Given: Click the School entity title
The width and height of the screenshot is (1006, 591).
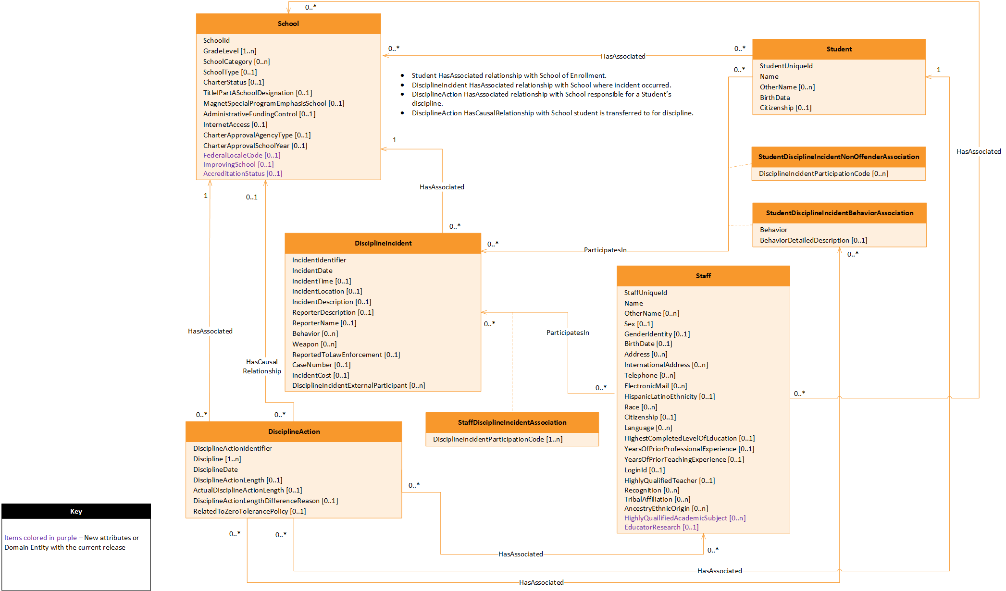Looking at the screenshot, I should [x=288, y=24].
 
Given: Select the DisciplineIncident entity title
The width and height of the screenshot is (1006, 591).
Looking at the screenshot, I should [x=383, y=243].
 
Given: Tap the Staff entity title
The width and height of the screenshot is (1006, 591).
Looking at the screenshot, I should [x=703, y=276].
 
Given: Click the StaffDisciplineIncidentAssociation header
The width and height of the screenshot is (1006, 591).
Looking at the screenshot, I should [x=512, y=422].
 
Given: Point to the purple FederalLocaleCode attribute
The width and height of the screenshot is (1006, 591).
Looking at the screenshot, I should [x=241, y=155].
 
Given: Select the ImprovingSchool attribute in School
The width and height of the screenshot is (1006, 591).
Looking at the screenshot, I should [x=238, y=164].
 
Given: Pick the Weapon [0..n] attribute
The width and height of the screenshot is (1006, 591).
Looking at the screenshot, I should [x=314, y=344].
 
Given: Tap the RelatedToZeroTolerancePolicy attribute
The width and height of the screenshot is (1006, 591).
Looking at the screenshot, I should [x=249, y=511].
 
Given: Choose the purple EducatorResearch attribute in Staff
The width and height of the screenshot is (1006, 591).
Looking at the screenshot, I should [x=661, y=527].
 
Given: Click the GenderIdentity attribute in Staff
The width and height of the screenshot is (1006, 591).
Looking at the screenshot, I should [x=657, y=334].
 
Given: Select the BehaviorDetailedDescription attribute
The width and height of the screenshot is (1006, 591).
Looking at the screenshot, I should [x=813, y=240].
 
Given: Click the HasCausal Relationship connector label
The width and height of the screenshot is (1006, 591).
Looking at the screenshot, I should [x=262, y=366].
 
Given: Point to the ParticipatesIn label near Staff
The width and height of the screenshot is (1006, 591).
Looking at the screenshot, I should [x=568, y=332].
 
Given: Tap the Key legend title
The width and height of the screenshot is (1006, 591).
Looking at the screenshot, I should [x=76, y=511].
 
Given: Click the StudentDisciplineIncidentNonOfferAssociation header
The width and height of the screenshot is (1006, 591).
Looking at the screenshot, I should [x=839, y=157].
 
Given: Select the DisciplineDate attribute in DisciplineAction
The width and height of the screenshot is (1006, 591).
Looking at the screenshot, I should [x=215, y=469].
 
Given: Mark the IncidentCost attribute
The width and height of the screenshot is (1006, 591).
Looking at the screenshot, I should [x=321, y=375].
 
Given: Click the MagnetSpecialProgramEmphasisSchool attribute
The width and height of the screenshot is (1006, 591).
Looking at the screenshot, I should [x=273, y=103].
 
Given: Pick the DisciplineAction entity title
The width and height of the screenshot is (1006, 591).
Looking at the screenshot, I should [x=294, y=431].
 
